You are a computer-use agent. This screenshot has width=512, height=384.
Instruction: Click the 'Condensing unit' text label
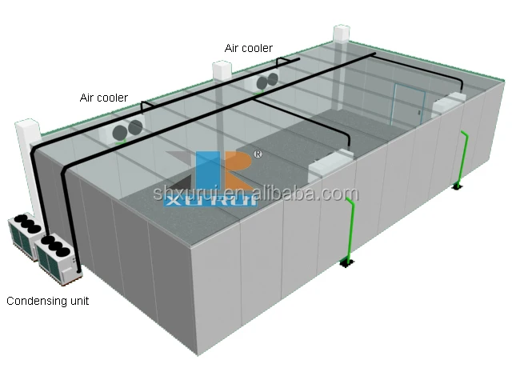pyautogui.click(x=48, y=302)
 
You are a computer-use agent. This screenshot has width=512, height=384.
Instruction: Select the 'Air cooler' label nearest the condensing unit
pyautogui.click(x=103, y=98)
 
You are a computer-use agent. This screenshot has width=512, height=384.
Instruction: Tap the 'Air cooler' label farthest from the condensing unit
pyautogui.click(x=248, y=49)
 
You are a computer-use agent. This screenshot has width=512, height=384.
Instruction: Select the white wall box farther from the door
pyautogui.click(x=330, y=165)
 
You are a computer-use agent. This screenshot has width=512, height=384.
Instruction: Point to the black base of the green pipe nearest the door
pyautogui.click(x=456, y=186)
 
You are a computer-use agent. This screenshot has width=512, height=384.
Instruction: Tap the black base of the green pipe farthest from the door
pyautogui.click(x=346, y=262)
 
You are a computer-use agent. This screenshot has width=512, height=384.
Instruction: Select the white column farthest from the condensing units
pyautogui.click(x=341, y=36)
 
